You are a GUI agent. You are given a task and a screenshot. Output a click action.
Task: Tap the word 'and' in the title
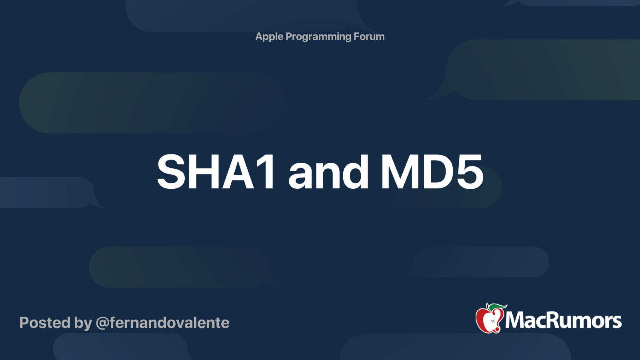(328, 172)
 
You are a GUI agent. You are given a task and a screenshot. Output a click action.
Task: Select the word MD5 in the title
(432, 172)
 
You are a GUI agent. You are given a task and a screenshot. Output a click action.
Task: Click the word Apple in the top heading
(269, 37)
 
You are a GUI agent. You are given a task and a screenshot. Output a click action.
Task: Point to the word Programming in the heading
(318, 37)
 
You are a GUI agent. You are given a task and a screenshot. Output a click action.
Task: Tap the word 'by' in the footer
(83, 323)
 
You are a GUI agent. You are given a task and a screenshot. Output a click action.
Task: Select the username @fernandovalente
(162, 323)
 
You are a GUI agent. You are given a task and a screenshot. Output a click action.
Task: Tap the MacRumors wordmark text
(563, 320)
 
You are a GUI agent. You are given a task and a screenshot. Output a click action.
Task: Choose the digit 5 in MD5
(470, 172)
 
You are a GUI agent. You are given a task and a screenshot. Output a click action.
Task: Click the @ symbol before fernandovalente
(102, 323)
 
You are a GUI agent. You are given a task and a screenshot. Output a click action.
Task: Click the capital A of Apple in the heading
(259, 36)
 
